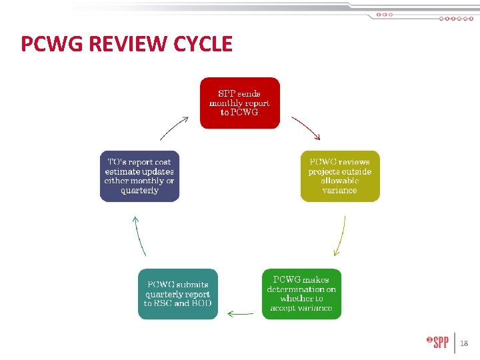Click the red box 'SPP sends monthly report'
coord(240,103)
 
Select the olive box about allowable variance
coord(339,176)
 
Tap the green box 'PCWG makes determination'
coord(301,294)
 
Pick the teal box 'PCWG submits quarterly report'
coord(178,294)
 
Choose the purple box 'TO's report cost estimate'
coord(139,176)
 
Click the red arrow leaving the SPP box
coord(306,128)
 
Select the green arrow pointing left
coord(240,313)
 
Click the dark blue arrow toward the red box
coord(176,127)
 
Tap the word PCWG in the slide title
coord(49,44)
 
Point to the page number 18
coord(465,343)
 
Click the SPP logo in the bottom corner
coord(437,343)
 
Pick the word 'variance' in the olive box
coord(339,191)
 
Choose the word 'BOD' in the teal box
coord(199,303)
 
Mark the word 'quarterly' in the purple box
coord(139,191)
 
